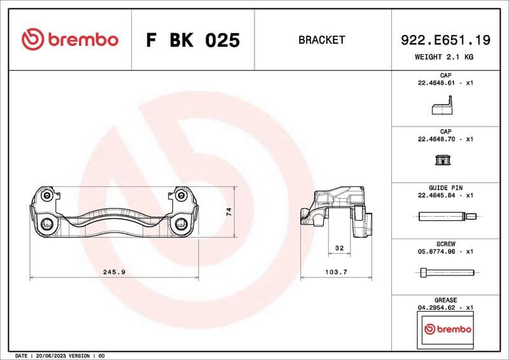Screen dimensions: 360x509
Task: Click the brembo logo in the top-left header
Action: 69,39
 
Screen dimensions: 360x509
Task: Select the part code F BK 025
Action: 193,40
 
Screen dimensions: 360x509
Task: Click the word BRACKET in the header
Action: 321,40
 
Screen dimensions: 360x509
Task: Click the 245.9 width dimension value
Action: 114,272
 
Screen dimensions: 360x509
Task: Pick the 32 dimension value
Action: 339,247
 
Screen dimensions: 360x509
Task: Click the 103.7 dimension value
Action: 336,272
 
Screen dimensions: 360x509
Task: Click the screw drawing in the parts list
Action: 446,273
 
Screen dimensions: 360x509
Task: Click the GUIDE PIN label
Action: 446,188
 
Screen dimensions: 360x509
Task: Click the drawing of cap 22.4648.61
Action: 442,106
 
